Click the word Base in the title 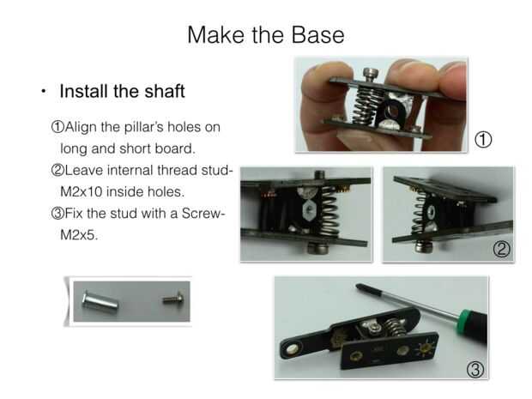317,35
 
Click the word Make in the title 216,35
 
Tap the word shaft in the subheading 165,91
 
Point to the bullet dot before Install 43,92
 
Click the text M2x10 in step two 82,191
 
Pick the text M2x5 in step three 79,235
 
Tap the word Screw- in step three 203,214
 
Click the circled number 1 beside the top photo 483,140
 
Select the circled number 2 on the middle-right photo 501,250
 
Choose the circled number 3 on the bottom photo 475,370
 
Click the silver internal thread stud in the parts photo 100,301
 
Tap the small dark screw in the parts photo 173,299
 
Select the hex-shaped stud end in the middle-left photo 310,210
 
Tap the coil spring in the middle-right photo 418,212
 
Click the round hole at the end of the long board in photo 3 292,349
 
